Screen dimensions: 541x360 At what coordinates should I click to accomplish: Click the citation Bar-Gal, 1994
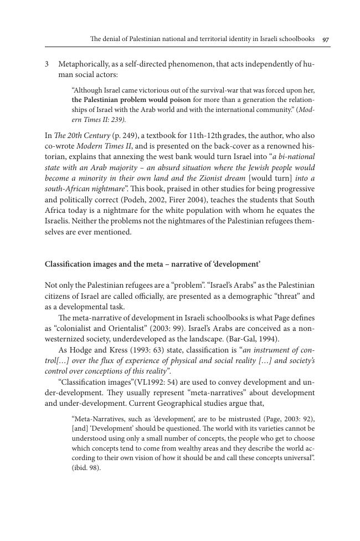pyautogui.click(x=250, y=338)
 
